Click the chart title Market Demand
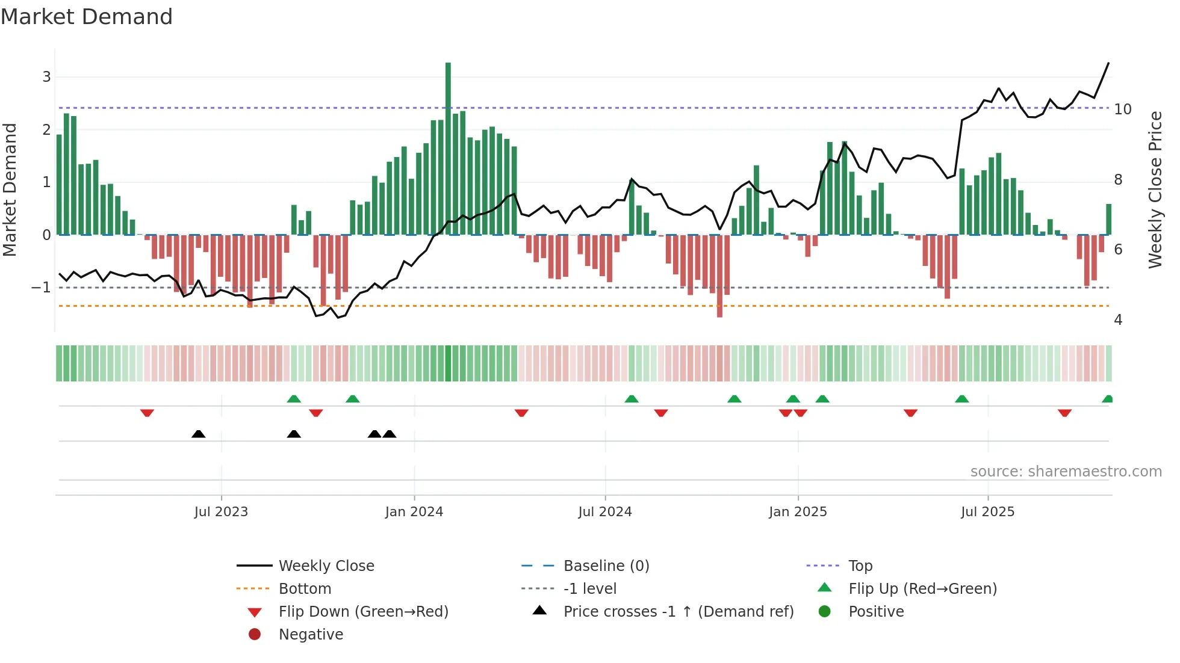tap(87, 17)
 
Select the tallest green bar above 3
tap(448, 144)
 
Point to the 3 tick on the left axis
tap(46, 77)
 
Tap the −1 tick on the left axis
tap(41, 288)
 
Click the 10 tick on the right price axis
tap(1123, 109)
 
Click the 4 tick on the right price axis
tap(1118, 320)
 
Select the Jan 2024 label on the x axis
tap(414, 512)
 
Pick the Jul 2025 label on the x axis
tap(987, 512)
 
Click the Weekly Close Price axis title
tap(1155, 190)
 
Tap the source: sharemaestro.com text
tap(1066, 472)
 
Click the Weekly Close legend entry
tap(326, 566)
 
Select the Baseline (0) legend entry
tap(606, 566)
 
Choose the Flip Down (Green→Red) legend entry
tap(363, 612)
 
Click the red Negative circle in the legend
tap(255, 635)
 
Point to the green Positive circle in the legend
tap(825, 612)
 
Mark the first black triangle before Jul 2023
tap(198, 434)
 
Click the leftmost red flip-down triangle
tap(147, 413)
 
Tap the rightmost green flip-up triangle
tap(1107, 399)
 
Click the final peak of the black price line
tap(1108, 63)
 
